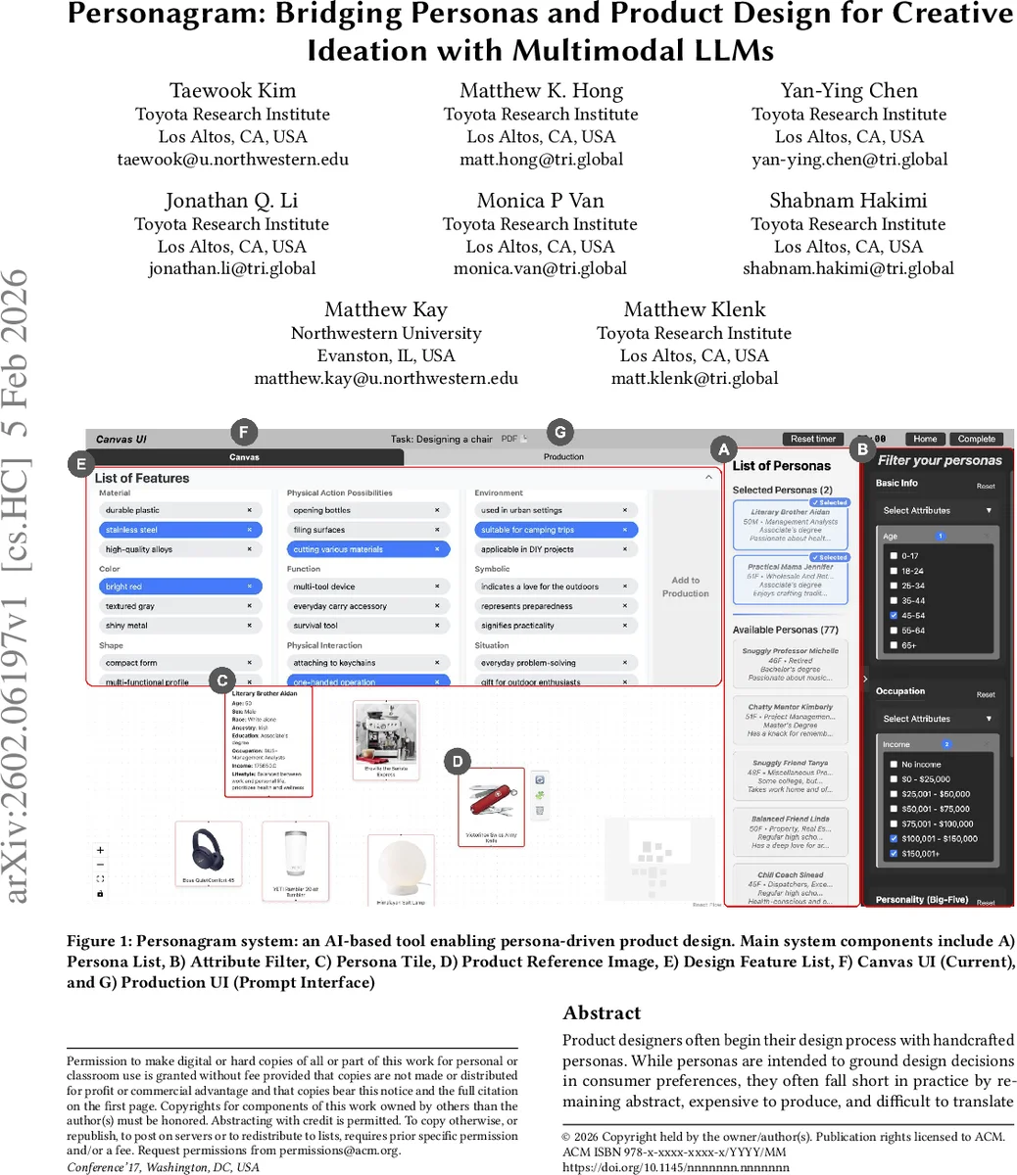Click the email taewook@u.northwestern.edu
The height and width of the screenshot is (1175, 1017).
(x=232, y=160)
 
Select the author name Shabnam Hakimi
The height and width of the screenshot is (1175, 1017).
(x=848, y=201)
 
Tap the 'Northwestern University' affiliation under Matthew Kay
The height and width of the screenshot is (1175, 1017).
(x=386, y=333)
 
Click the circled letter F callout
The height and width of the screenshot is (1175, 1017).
(x=242, y=432)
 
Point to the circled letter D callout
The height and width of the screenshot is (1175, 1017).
(x=458, y=761)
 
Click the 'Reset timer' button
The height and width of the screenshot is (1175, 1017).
(x=813, y=439)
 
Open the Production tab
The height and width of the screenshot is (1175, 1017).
(x=563, y=456)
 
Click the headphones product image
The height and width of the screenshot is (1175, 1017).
(x=208, y=848)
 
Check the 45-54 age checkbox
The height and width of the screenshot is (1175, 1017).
(x=894, y=616)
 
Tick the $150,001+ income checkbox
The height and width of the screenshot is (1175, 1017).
(x=894, y=854)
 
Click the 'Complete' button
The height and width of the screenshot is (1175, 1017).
(x=976, y=439)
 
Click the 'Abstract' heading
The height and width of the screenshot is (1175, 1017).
(x=602, y=1013)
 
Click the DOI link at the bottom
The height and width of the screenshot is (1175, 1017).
(x=675, y=1167)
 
